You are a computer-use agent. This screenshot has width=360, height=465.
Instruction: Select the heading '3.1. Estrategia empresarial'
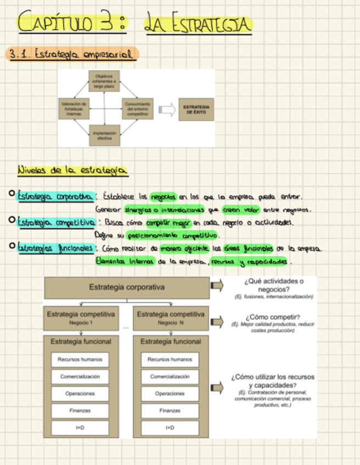point(71,54)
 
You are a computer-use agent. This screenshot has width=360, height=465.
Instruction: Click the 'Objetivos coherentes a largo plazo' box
point(104,81)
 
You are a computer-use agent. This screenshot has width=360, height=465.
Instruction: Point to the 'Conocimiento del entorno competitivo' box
point(137,109)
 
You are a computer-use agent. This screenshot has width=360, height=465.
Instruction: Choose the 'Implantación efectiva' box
point(104,135)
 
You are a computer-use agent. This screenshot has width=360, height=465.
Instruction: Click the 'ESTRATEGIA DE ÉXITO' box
point(195,109)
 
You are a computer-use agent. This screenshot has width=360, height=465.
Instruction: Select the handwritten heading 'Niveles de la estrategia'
point(72,171)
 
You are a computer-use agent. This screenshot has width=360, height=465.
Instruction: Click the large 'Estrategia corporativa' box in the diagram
point(126,287)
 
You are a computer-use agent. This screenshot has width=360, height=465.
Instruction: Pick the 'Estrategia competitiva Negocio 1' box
point(81,317)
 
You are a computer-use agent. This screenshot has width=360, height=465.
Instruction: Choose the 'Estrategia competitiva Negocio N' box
point(171,317)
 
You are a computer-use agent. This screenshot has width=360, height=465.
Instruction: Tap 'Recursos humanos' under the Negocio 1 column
point(81,360)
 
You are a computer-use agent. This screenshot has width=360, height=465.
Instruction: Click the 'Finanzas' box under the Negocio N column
point(171,410)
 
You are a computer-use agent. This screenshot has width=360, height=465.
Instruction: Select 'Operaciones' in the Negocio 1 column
point(81,394)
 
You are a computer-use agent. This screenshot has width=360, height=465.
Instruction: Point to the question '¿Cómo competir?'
point(273,316)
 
